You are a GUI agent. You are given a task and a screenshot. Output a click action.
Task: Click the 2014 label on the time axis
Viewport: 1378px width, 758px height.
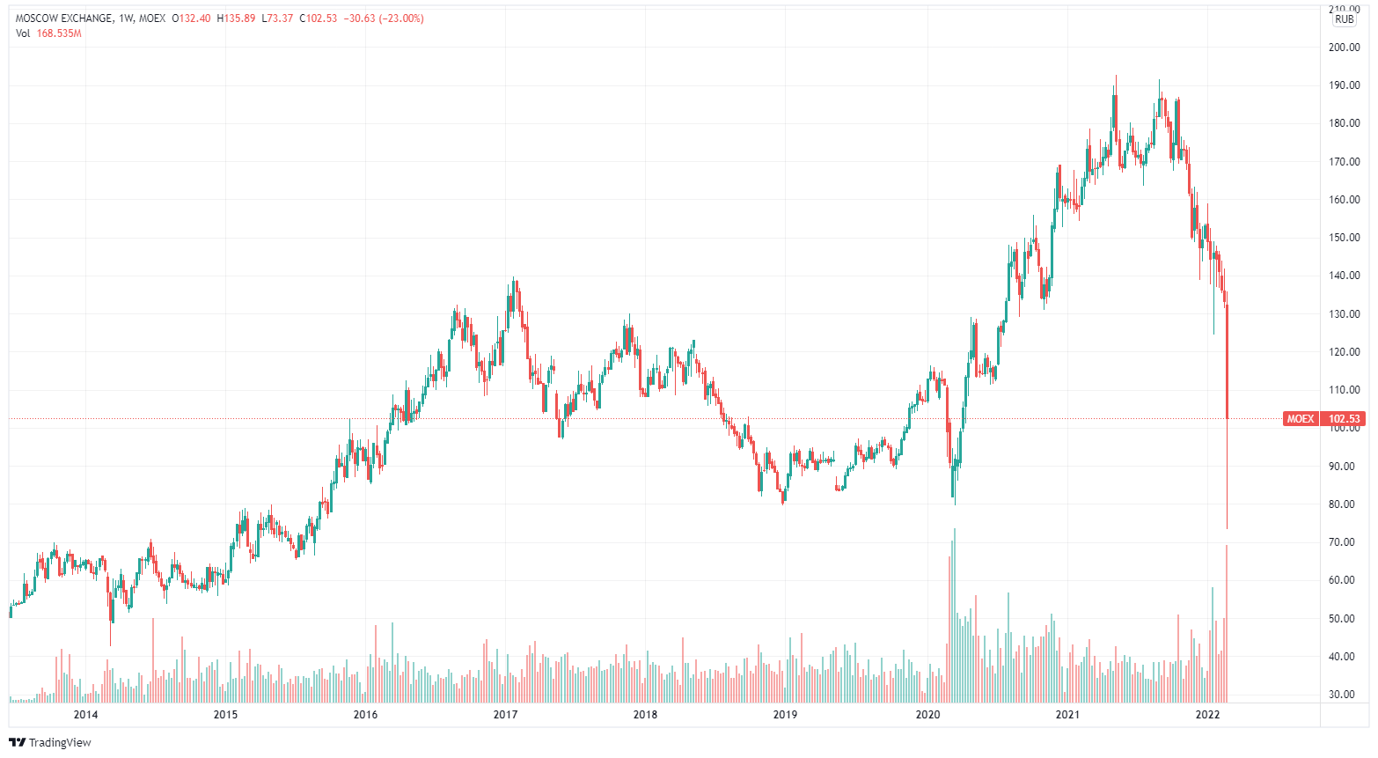pos(85,714)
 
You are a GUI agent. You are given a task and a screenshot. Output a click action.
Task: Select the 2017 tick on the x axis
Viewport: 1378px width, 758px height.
pos(505,714)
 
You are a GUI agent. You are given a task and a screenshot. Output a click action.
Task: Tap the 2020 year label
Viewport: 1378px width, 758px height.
pos(927,714)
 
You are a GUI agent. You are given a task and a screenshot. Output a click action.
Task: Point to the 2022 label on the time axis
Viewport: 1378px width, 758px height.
pos(1207,714)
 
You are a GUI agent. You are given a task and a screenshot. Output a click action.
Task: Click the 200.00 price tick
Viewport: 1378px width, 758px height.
pos(1344,48)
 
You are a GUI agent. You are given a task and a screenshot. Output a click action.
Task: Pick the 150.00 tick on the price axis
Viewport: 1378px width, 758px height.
pos(1344,238)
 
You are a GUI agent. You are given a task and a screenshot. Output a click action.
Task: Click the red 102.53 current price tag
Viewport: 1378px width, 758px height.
pos(1344,419)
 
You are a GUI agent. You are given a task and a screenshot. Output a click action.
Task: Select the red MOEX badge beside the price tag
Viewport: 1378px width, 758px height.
pos(1300,419)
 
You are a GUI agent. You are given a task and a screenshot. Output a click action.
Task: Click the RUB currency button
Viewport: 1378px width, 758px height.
pos(1344,19)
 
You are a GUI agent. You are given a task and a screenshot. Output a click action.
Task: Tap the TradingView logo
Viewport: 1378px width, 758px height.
pos(50,742)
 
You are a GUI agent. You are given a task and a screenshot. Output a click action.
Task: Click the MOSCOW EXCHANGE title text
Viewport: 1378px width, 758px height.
pos(64,18)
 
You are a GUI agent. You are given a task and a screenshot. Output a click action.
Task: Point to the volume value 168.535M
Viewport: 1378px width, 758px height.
pos(59,33)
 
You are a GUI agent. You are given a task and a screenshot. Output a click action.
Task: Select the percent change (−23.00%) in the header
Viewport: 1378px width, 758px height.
pos(401,18)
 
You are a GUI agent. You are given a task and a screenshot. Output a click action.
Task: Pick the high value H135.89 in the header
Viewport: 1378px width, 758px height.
pos(236,18)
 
